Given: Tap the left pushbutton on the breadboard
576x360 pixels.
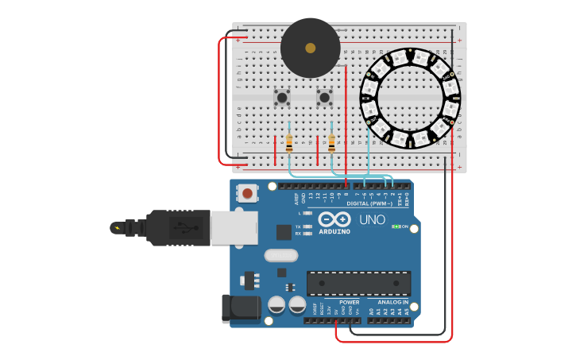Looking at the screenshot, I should (x=282, y=98).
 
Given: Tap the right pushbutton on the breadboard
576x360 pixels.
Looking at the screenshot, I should (x=324, y=98).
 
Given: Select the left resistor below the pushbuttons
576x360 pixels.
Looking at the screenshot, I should (x=289, y=143).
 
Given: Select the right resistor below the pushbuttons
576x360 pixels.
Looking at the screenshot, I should (x=331, y=143).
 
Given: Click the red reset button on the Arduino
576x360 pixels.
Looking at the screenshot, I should (x=248, y=193).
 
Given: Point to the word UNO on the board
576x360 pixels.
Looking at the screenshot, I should (x=372, y=220).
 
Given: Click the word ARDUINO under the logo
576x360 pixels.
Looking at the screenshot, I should (x=334, y=232).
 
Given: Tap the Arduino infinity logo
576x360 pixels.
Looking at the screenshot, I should (x=334, y=219).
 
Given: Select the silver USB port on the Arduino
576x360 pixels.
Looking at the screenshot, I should (x=234, y=227).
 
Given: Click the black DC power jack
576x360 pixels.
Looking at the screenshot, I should (x=240, y=308).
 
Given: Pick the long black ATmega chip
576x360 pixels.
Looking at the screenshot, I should (x=358, y=283).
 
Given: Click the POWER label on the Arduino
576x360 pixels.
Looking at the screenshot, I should (x=349, y=302).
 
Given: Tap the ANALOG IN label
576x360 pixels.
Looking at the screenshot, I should (x=393, y=302).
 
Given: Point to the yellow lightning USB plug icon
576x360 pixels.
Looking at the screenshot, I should (x=118, y=228).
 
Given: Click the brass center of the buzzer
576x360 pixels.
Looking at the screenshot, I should (x=310, y=48).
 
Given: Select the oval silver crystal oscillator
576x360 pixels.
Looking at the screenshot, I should (x=280, y=256).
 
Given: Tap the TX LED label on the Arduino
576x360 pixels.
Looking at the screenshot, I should (x=298, y=226).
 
